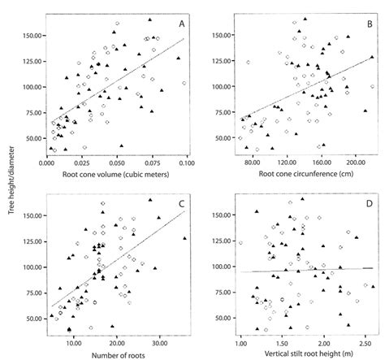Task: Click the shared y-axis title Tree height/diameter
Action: [x=9, y=176]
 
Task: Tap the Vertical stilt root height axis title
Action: [x=295, y=353]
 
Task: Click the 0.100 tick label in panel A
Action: [x=187, y=163]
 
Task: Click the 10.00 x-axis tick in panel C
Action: [x=74, y=342]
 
